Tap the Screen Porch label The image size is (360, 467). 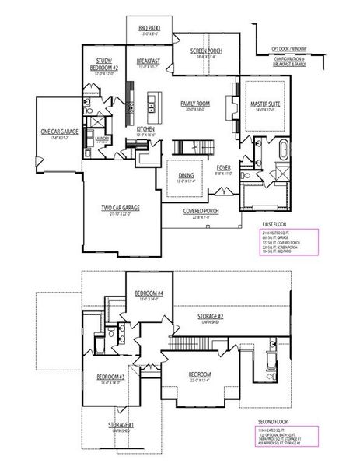[208, 51]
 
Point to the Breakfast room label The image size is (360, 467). [148, 60]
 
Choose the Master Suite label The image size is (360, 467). [264, 103]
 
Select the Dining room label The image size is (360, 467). [187, 175]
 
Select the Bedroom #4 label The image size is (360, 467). [148, 293]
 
